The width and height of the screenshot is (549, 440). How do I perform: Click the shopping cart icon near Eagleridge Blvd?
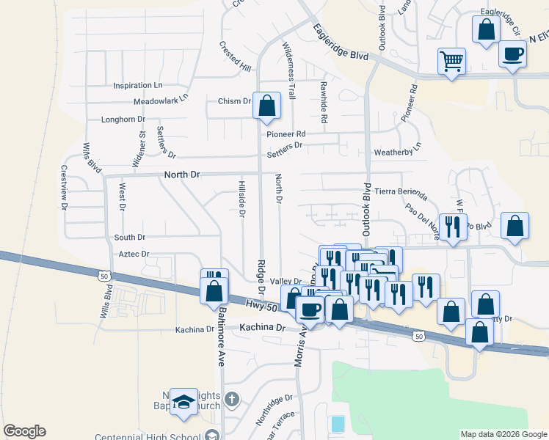(451, 61)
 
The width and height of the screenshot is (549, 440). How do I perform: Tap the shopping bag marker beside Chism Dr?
(266, 106)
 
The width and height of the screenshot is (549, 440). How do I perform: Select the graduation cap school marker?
(183, 402)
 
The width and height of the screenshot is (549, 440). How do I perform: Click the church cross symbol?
(232, 400)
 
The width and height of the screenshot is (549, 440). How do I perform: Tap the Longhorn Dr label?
(123, 119)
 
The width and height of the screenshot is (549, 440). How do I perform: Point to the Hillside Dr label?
(241, 199)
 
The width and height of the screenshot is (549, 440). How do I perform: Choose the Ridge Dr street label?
(261, 274)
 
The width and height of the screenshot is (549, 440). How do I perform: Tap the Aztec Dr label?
(134, 254)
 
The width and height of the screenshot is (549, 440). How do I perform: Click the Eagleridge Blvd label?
(340, 42)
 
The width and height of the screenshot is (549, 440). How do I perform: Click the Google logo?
(24, 431)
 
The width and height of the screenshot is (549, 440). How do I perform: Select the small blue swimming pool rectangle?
(338, 423)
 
